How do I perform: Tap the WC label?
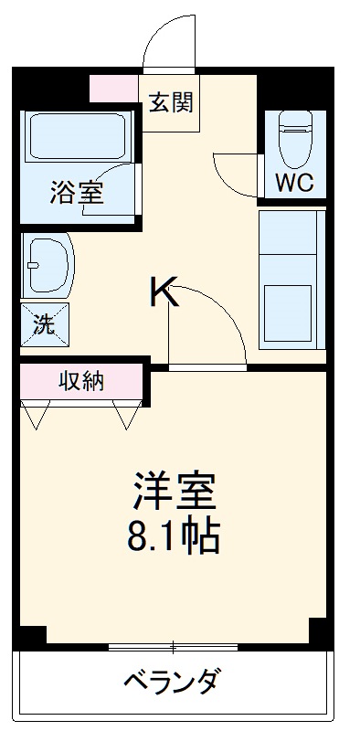[294, 182]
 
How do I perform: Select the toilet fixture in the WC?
[295, 137]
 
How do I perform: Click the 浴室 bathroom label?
[77, 192]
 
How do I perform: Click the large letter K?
[164, 294]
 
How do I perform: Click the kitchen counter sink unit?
[292, 279]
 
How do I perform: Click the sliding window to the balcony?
[173, 647]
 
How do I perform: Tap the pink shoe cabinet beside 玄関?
[118, 89]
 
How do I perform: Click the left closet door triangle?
[37, 417]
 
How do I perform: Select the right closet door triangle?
[127, 417]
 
